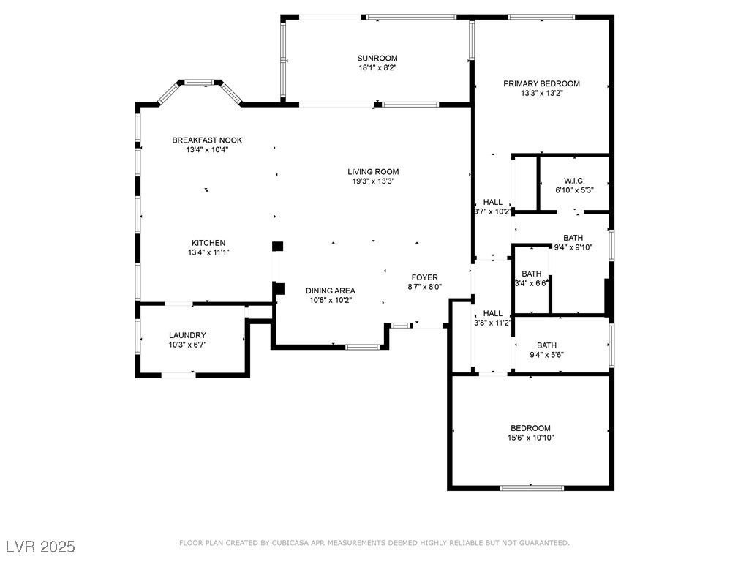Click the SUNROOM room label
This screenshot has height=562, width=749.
coord(377,59)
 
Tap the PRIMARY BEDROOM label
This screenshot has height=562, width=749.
coord(542,83)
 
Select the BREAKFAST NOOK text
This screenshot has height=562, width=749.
coord(207,140)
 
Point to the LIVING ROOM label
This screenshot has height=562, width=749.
coord(373,171)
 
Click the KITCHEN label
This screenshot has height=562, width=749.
coord(208,243)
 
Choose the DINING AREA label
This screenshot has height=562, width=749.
coord(331,291)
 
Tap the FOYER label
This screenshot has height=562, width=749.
coord(425,277)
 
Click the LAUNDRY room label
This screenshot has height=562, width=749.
coord(187,335)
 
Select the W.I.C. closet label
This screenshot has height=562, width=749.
coord(574,181)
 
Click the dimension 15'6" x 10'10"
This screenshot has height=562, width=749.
coord(531,438)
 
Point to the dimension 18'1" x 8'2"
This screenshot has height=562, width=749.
coord(378,68)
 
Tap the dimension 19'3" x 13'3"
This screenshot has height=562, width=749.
coord(373,181)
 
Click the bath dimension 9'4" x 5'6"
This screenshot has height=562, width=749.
coord(547,355)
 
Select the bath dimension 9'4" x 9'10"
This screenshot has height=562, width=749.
coord(573,247)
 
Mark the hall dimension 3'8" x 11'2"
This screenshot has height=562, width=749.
coord(493,323)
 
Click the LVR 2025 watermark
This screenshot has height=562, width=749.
coord(41,546)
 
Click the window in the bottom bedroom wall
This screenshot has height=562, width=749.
coord(532,488)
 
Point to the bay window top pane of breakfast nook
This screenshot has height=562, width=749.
coord(199,82)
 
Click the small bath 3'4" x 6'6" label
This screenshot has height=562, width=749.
coord(531,279)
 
